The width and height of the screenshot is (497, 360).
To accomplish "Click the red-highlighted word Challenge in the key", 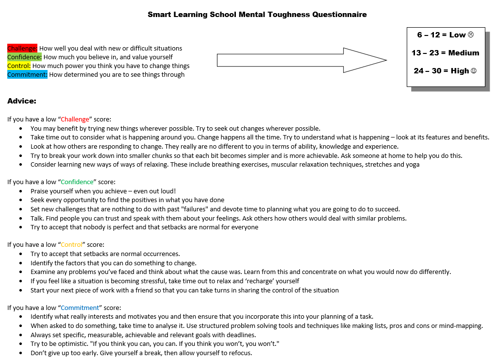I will click(x=22, y=49).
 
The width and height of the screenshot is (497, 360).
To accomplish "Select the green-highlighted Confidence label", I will click(x=24, y=57).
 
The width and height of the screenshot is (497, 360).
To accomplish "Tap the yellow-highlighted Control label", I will click(x=19, y=66).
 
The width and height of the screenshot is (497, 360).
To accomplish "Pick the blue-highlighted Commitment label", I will click(x=27, y=75).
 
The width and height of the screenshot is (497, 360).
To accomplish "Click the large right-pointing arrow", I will click(x=301, y=60).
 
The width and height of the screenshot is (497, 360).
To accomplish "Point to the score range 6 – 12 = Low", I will click(x=445, y=35).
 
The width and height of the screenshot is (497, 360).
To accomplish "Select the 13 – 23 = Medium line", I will click(x=445, y=53).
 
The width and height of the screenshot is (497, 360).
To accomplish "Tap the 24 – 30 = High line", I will click(x=445, y=71).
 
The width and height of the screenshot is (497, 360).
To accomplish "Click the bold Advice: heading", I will click(x=22, y=102).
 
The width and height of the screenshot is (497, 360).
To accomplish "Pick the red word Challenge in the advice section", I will click(x=75, y=119).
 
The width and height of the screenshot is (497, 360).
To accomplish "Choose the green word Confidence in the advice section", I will click(x=77, y=182).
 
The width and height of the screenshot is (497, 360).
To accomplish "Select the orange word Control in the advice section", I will click(x=72, y=245).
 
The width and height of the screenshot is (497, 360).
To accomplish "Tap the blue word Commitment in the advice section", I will click(x=80, y=308).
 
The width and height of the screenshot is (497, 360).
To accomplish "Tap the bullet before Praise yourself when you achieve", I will click(x=20, y=191).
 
